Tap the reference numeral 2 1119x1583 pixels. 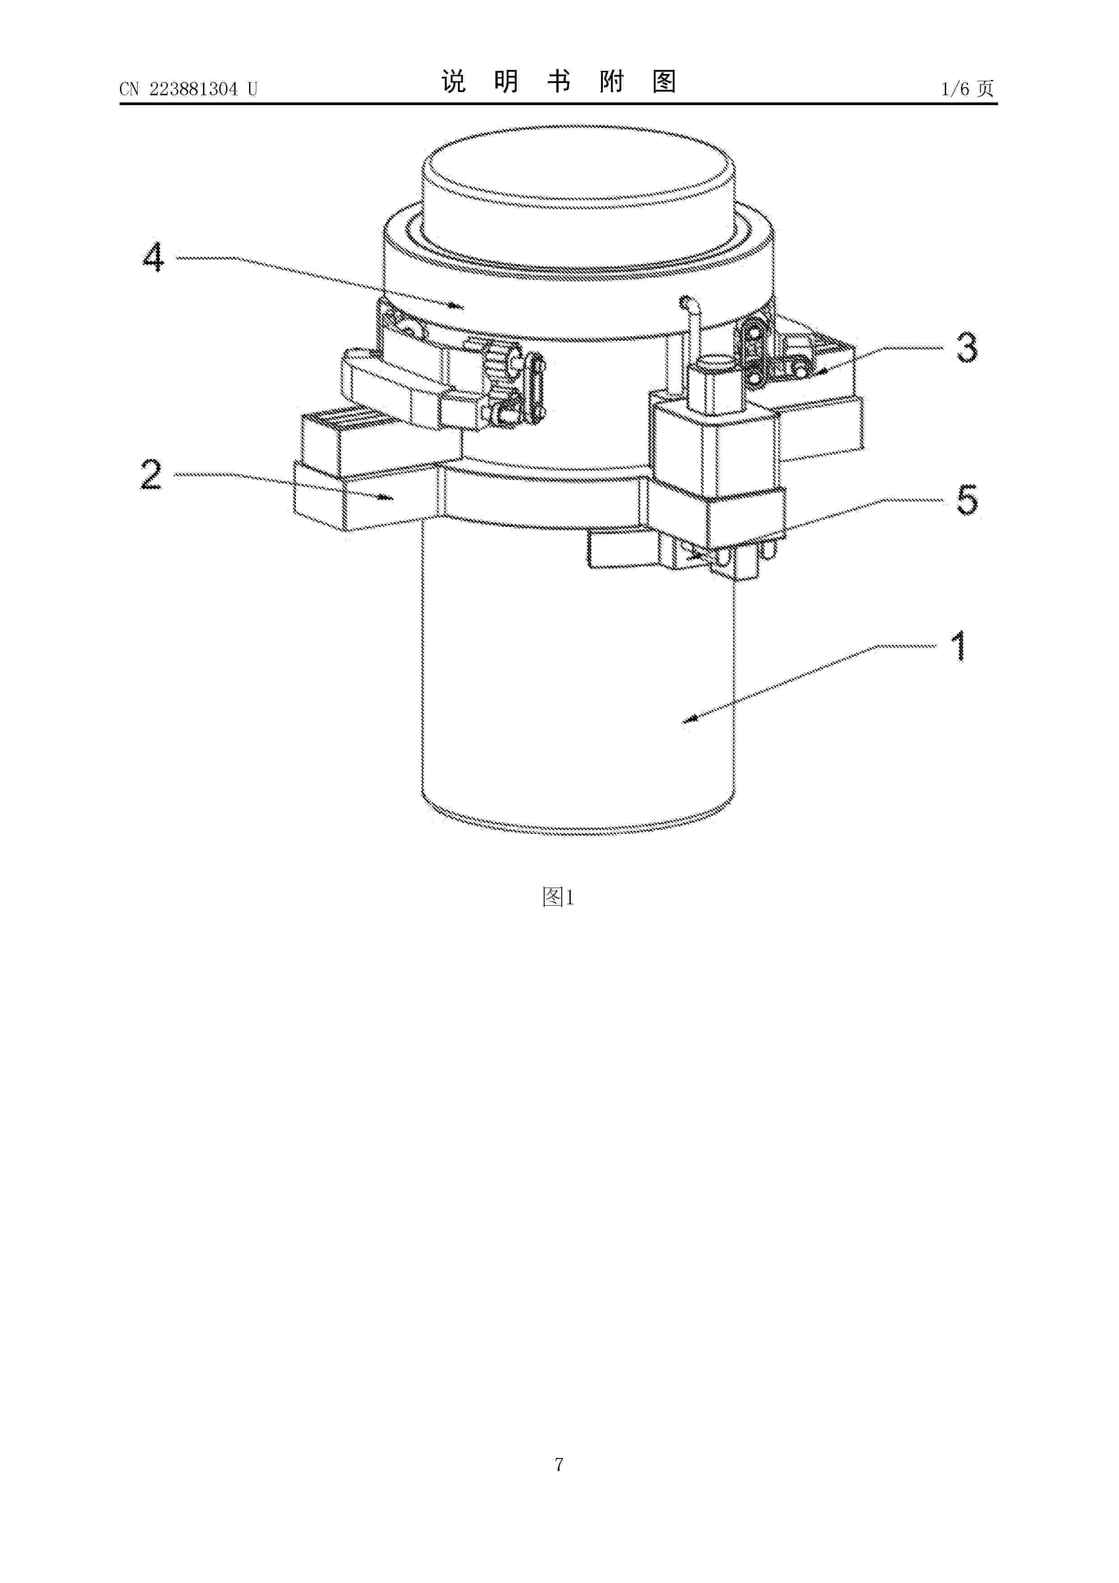pos(152,475)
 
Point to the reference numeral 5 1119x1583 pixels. pos(966,500)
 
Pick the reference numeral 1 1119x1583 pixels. pos(958,646)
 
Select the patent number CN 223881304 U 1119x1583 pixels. pos(188,89)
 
